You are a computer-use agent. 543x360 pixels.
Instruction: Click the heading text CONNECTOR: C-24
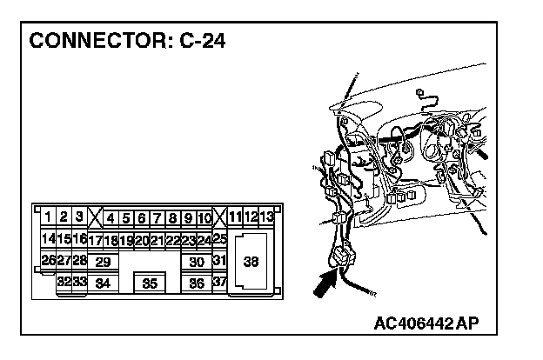(127, 43)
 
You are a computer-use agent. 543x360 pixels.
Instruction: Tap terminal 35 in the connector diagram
(150, 283)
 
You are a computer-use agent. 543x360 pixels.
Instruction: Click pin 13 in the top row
(267, 217)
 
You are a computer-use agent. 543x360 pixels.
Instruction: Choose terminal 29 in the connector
(103, 262)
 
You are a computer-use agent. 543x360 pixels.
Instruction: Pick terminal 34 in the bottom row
(103, 283)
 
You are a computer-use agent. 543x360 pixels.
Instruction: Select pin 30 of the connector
(197, 262)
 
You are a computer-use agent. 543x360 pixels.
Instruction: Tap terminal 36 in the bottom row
(197, 283)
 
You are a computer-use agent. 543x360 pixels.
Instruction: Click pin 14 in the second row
(49, 238)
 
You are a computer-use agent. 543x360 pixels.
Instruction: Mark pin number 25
(220, 238)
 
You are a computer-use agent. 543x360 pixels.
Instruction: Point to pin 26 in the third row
(49, 261)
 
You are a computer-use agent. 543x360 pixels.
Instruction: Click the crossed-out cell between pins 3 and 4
(95, 217)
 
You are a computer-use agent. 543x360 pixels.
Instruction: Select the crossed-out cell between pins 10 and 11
(221, 217)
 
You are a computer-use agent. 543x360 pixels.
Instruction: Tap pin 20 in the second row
(142, 240)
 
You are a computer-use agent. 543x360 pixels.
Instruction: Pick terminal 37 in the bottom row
(219, 283)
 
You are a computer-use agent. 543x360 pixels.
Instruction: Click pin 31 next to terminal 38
(219, 261)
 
